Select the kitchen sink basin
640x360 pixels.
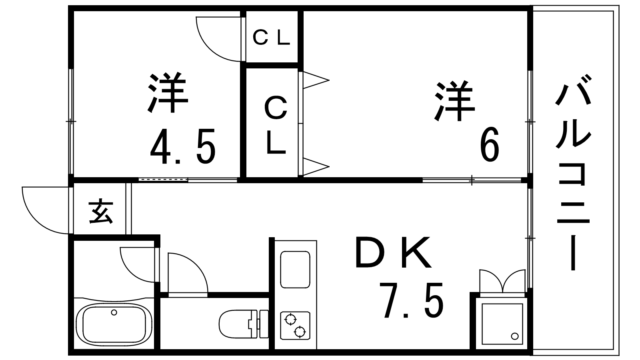295,269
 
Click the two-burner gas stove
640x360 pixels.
295,325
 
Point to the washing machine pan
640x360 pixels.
502,323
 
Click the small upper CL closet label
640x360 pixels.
271,38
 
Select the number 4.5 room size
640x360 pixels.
183,146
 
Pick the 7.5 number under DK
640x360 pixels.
413,300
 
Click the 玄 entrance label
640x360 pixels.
100,212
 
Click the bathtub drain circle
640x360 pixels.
114,312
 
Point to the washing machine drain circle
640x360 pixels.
515,336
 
